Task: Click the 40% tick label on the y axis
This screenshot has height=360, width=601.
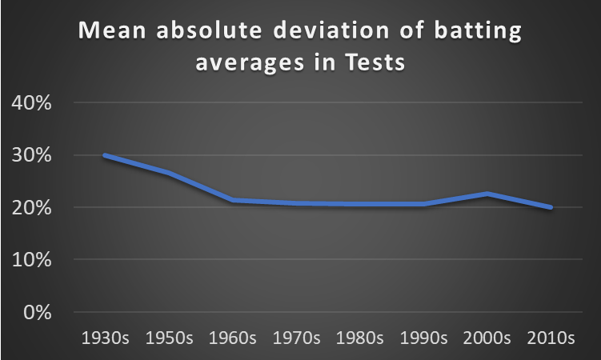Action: tap(30, 104)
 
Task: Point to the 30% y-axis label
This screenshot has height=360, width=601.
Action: tap(30, 156)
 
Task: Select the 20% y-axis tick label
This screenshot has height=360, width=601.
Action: tap(30, 208)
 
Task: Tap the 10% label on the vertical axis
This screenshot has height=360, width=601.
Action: tap(30, 260)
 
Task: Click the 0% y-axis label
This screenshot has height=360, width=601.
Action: tap(35, 312)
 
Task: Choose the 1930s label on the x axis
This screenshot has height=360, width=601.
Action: tap(104, 338)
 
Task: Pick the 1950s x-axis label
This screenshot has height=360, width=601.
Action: tap(168, 338)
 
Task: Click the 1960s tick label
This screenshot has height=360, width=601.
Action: tap(232, 338)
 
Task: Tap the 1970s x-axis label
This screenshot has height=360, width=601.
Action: tap(296, 338)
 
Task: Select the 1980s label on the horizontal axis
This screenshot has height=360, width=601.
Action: tap(360, 338)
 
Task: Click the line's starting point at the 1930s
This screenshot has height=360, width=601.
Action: tap(105, 155)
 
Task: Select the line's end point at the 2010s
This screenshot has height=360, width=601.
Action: tap(551, 207)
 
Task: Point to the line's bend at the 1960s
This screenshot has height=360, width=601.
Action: tap(232, 200)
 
